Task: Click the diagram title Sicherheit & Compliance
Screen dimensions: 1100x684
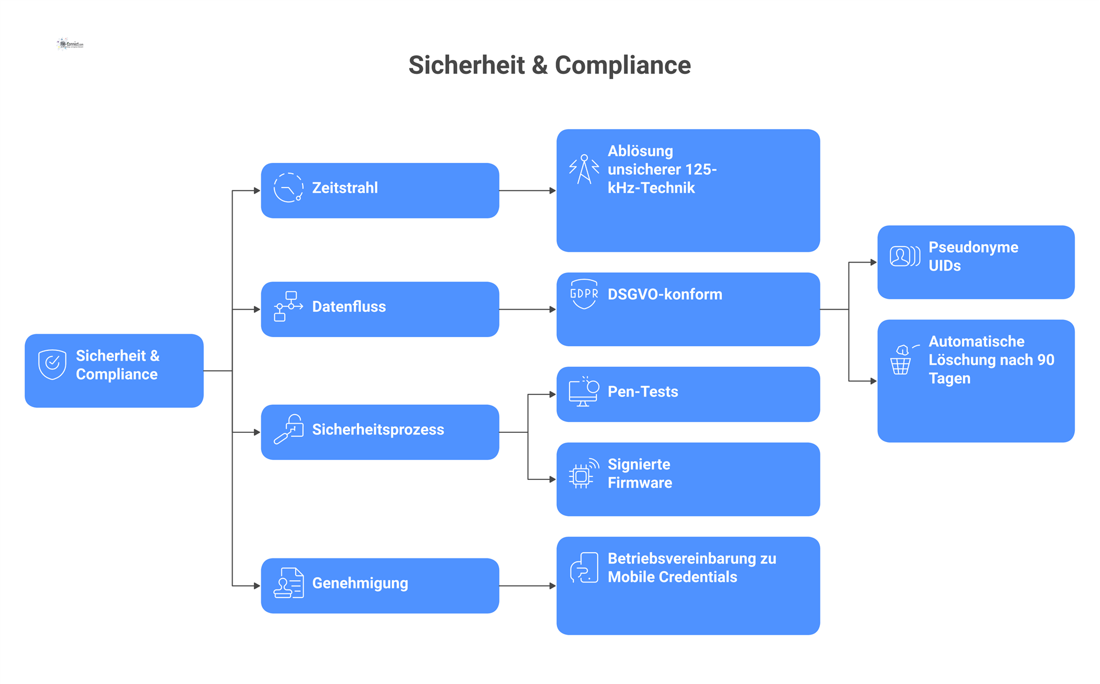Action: (549, 65)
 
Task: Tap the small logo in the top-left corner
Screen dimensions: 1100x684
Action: (70, 44)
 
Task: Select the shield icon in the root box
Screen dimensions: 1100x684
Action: (52, 365)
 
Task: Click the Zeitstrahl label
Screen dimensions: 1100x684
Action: (345, 188)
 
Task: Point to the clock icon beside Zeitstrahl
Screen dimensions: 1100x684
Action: (288, 187)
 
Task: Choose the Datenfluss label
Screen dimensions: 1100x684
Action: (349, 307)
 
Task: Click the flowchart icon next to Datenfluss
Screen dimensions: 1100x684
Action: (288, 306)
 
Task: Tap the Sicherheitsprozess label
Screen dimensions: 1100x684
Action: (378, 430)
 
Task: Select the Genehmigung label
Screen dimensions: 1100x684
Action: (360, 584)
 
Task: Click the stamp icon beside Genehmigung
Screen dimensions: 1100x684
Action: (289, 583)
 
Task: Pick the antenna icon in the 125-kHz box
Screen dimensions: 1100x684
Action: (584, 169)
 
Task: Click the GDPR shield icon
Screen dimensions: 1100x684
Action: (584, 294)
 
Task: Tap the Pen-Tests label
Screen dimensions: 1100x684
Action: (643, 392)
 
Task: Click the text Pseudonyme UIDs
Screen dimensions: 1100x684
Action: (973, 256)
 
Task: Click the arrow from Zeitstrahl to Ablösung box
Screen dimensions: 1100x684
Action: (528, 190)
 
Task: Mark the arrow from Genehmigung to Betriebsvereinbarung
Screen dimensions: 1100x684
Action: (528, 586)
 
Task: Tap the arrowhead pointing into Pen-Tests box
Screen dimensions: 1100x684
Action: (553, 394)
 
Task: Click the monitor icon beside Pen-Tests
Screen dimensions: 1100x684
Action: (584, 392)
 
